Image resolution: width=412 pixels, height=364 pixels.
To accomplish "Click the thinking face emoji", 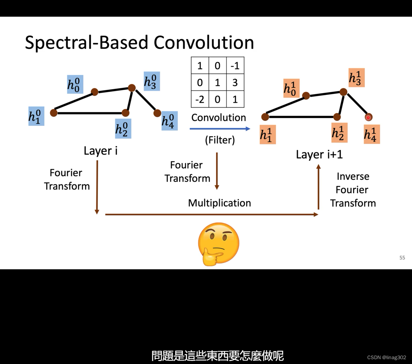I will click(x=218, y=244).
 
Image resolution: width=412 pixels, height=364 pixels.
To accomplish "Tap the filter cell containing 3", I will click(x=235, y=83).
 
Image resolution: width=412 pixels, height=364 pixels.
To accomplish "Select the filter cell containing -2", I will click(x=199, y=100).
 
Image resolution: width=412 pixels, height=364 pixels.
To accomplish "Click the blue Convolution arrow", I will click(x=220, y=129).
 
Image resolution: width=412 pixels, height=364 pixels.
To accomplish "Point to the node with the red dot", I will click(x=368, y=118).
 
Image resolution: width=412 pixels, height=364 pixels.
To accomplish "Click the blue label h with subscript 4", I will click(x=169, y=121).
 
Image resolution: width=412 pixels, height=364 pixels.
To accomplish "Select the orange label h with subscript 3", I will click(x=356, y=78).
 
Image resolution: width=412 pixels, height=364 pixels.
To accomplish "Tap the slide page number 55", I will click(x=402, y=258).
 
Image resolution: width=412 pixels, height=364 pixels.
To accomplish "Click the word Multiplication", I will click(x=219, y=203).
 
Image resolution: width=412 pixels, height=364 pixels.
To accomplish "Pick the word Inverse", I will click(x=353, y=176).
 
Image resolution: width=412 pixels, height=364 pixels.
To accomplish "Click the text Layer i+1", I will click(x=319, y=154).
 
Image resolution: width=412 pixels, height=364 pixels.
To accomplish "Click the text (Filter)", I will click(x=220, y=140).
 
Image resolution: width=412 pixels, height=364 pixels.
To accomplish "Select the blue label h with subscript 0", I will click(x=75, y=84).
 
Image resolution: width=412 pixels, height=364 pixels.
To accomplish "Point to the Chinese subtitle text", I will click(x=218, y=355).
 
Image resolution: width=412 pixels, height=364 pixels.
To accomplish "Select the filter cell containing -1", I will click(x=235, y=66).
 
